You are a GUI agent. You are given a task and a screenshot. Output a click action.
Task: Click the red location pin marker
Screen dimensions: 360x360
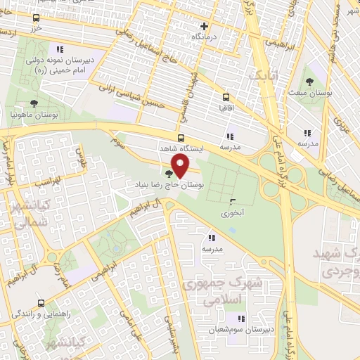[181, 167]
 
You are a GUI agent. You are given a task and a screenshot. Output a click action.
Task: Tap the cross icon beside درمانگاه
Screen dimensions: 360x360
[204, 26]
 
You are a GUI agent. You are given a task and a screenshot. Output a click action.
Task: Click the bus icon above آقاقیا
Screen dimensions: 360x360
[226, 98]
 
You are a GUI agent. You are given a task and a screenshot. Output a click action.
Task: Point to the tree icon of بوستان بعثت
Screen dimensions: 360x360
[310, 81]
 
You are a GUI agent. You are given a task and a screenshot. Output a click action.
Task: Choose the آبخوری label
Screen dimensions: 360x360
[232, 212]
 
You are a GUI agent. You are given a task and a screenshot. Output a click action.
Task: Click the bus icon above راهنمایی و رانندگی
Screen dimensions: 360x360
[41, 304]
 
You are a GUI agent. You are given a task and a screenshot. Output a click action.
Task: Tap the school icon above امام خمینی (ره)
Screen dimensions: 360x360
[60, 49]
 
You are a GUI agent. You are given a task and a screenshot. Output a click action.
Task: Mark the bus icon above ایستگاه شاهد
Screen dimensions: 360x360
[181, 138]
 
